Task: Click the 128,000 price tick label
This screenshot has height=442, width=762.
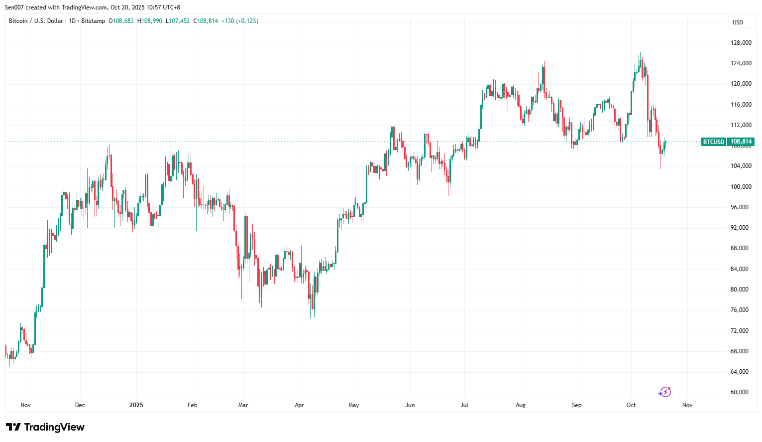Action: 741,43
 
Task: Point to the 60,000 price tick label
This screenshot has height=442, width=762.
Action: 739,392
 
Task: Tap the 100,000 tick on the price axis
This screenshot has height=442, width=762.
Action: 741,187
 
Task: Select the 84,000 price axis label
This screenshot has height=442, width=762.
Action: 739,269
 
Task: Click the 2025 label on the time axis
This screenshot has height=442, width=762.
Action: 136,405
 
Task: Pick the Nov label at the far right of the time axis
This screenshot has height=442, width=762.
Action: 687,405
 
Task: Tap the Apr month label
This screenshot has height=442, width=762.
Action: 299,405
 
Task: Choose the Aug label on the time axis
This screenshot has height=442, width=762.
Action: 520,405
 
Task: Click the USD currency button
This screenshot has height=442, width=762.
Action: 738,22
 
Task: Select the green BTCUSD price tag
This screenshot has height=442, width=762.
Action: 713,142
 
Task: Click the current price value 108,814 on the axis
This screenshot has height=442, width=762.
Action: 741,142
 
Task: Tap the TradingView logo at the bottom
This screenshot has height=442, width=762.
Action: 45,427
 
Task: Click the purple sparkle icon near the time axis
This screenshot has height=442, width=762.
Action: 664,392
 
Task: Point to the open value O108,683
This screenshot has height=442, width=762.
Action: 121,21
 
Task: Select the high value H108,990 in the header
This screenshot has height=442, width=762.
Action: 150,21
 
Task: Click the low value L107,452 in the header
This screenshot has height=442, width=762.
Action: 178,21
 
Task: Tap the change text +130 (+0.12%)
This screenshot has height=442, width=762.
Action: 240,21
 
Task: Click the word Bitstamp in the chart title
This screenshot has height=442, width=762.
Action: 93,21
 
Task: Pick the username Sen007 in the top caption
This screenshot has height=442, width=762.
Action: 14,7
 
